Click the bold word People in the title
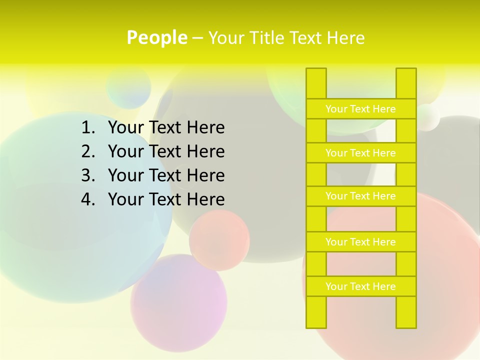(x=157, y=37)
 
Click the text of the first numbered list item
(x=166, y=128)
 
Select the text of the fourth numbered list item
(x=166, y=199)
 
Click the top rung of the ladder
(x=361, y=109)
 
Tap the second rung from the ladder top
(x=361, y=153)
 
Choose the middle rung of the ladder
(x=361, y=196)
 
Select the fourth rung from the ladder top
(x=361, y=242)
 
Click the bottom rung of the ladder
(x=361, y=286)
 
